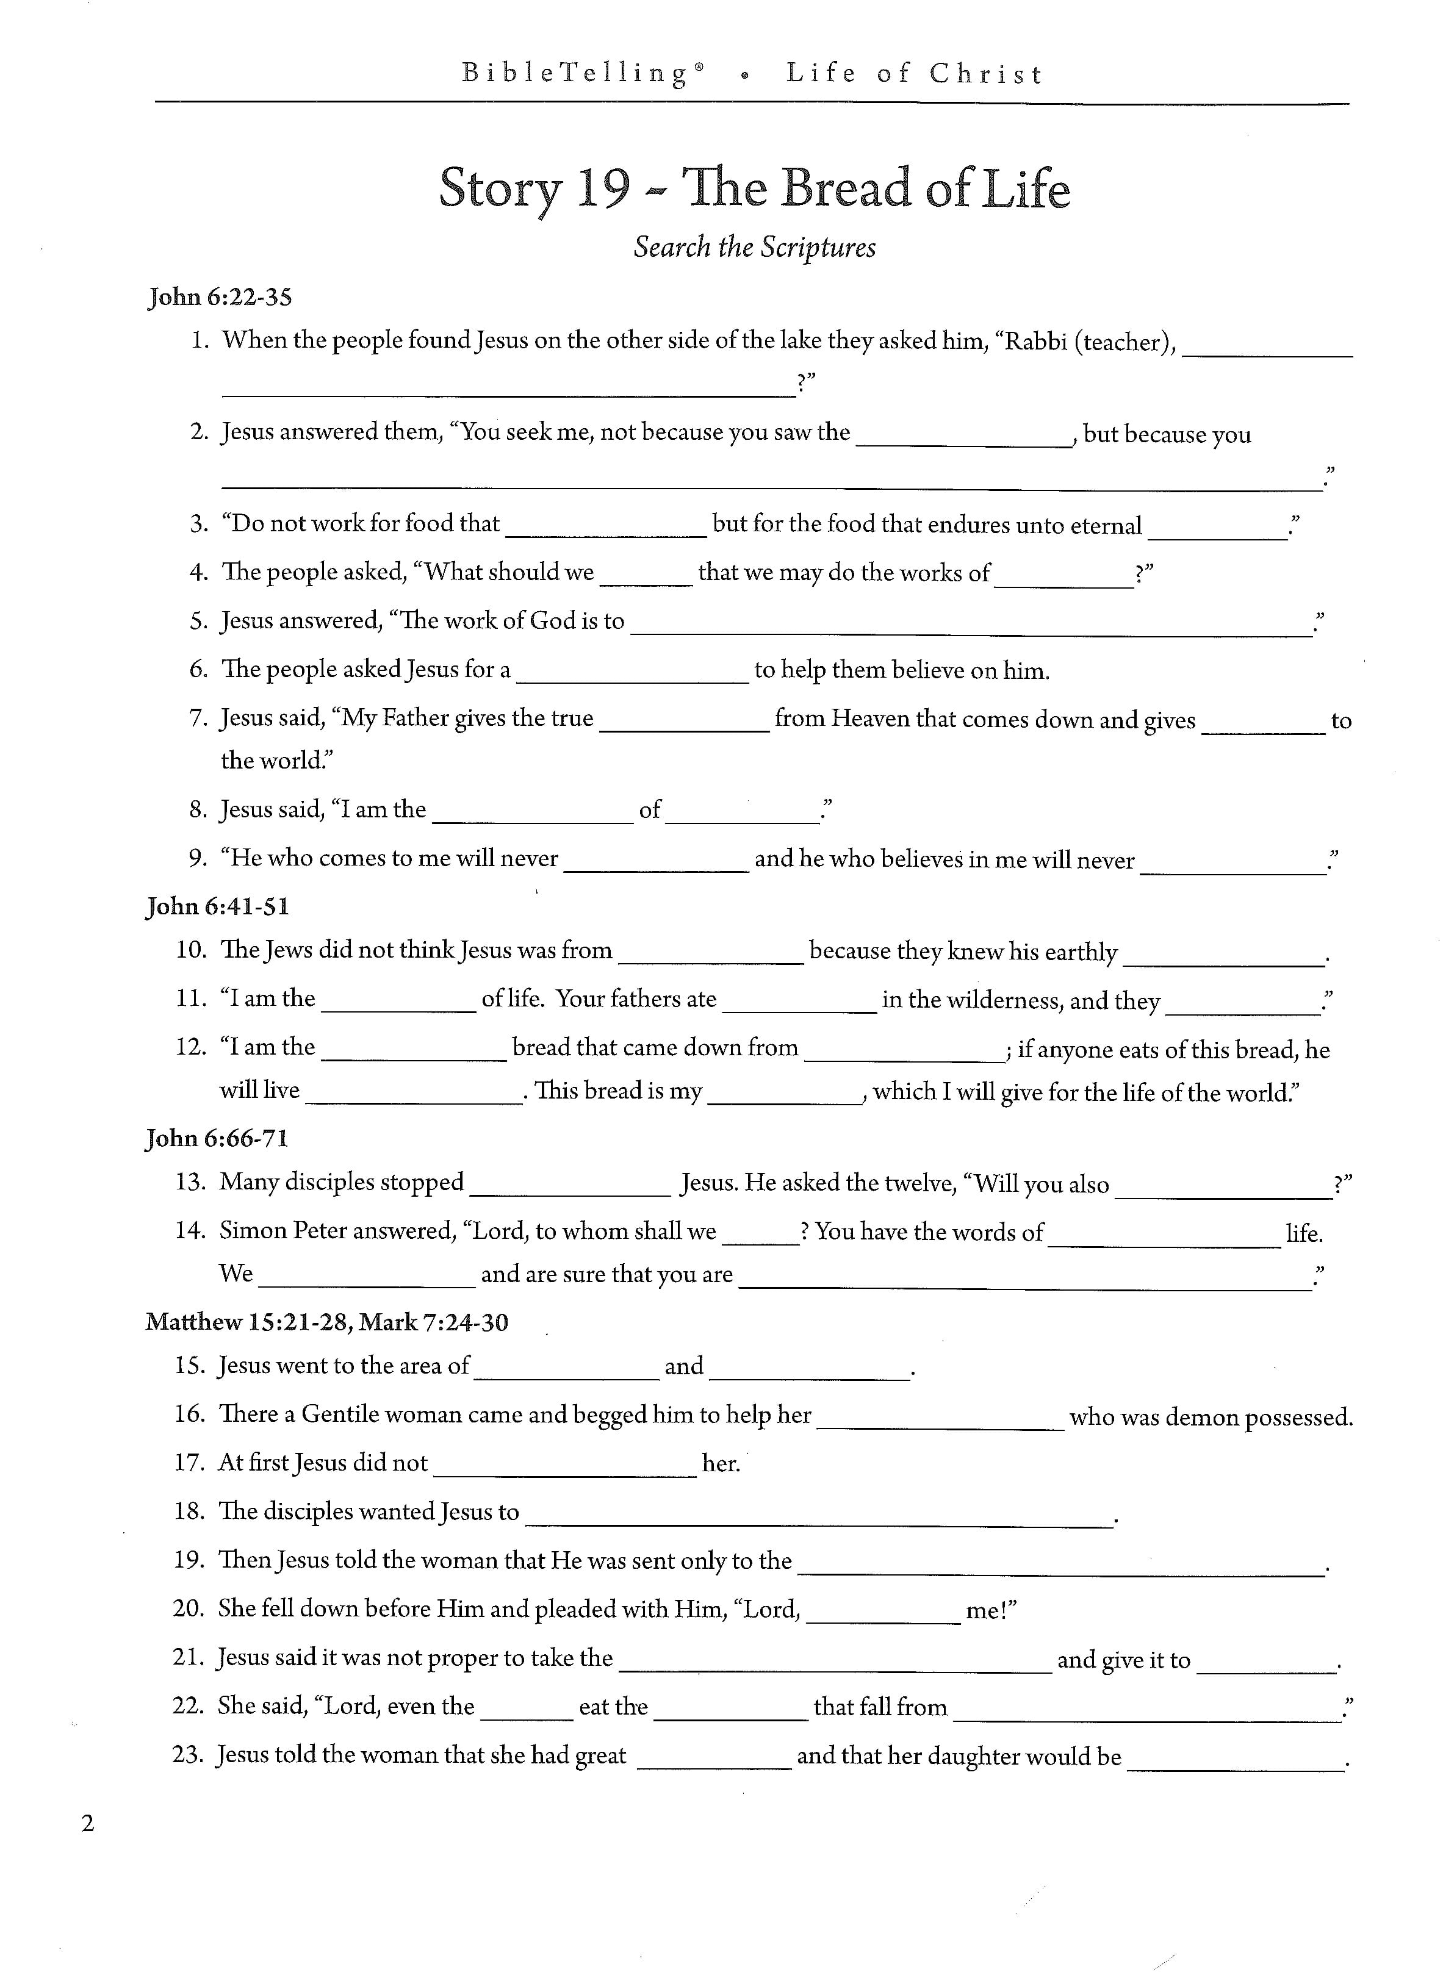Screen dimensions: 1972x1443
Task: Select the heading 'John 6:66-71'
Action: click(x=217, y=1138)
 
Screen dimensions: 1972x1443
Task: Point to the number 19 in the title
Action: click(x=603, y=188)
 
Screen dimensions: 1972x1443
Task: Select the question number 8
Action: click(x=198, y=809)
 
